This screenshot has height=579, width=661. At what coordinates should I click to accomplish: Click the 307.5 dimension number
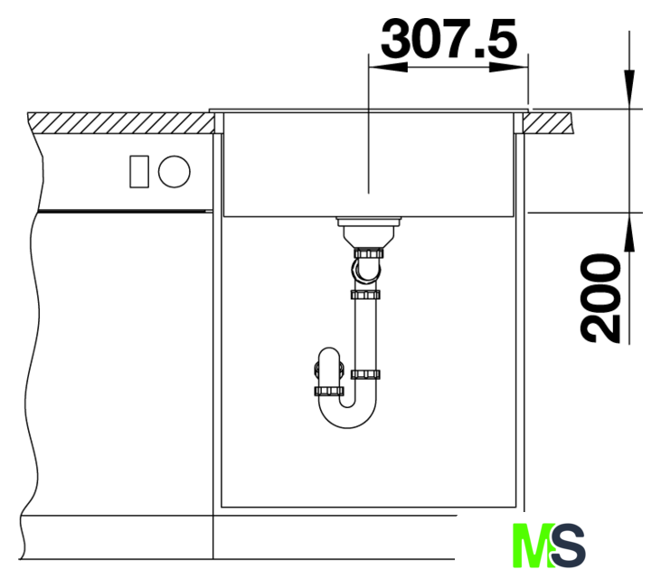click(x=449, y=38)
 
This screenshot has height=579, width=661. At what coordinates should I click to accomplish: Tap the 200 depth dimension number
click(x=600, y=298)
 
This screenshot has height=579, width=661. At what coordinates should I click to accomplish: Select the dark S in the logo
click(x=568, y=545)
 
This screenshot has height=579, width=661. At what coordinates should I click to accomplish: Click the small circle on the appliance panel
click(x=175, y=172)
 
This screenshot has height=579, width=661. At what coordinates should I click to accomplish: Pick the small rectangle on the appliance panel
click(x=139, y=172)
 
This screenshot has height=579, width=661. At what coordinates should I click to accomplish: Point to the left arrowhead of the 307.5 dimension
click(x=388, y=67)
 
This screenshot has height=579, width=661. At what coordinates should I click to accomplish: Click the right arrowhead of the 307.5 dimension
click(x=509, y=67)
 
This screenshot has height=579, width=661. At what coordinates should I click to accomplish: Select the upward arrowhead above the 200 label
click(x=629, y=233)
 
